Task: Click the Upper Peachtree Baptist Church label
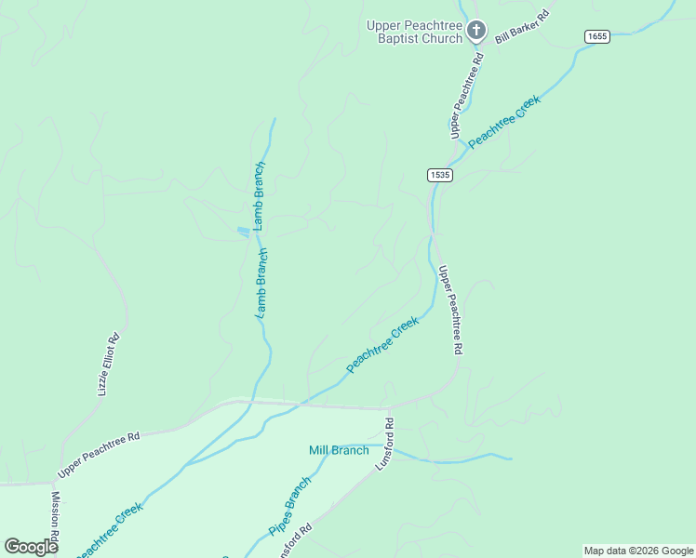[x=415, y=32]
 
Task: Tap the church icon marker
[x=475, y=32]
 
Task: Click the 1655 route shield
[x=597, y=36]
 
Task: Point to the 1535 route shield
[x=440, y=175]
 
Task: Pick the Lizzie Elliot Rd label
[x=108, y=365]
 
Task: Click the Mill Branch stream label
[x=339, y=451]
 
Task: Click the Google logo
[x=31, y=547]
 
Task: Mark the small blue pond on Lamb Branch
[x=244, y=231]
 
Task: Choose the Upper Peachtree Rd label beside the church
[x=466, y=96]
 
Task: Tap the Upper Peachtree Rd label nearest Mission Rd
[x=98, y=450]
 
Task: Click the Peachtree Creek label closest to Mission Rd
[x=109, y=531]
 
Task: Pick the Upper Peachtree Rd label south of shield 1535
[x=450, y=310]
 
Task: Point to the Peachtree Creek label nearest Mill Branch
[x=382, y=345]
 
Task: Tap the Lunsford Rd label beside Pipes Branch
[x=296, y=541]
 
